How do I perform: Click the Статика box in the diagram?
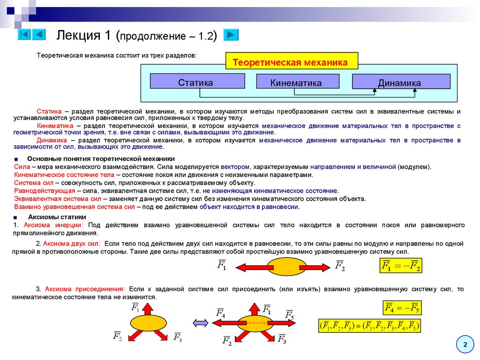(197, 82)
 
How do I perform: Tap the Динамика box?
(400, 82)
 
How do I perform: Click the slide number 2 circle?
(465, 345)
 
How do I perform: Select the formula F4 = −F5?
(402, 308)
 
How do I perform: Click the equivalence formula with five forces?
(369, 325)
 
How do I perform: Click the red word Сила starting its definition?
(22, 167)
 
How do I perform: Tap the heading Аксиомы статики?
(57, 217)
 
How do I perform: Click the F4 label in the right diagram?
(220, 313)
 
